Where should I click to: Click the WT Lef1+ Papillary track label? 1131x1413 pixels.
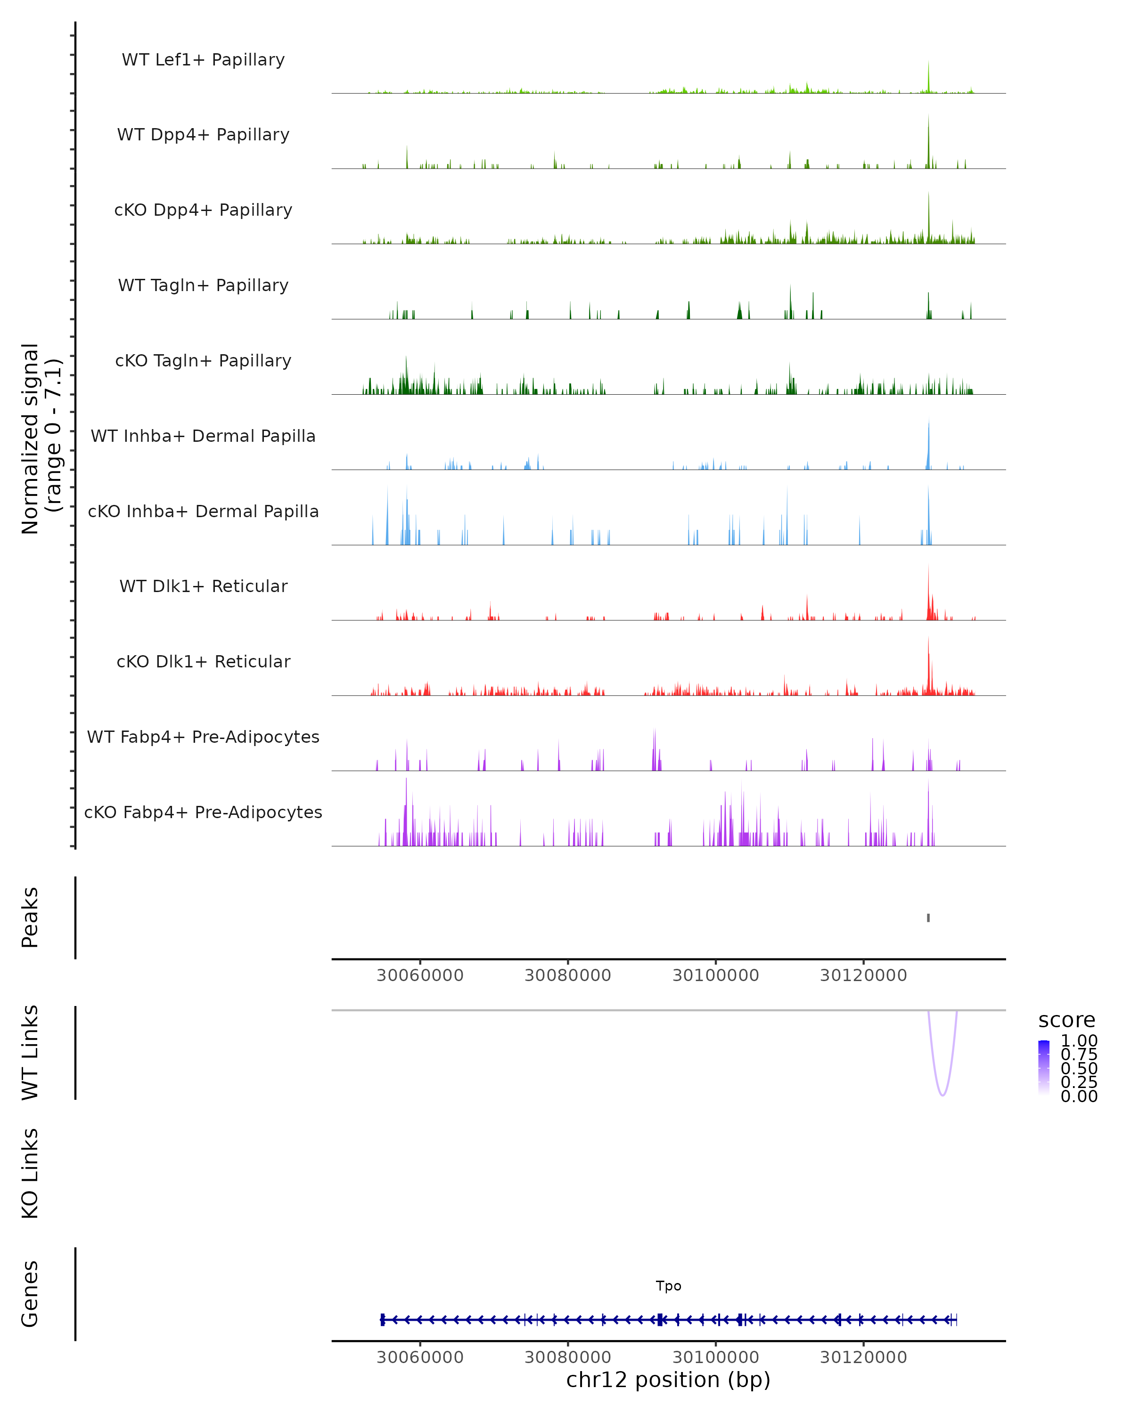pyautogui.click(x=203, y=60)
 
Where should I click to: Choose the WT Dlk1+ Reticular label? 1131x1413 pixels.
pyautogui.click(x=203, y=586)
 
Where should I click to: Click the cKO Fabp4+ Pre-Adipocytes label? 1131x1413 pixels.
pyautogui.click(x=203, y=812)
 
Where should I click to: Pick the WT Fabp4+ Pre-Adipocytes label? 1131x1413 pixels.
pyautogui.click(x=203, y=737)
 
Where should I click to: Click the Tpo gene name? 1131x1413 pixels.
pyautogui.click(x=668, y=1286)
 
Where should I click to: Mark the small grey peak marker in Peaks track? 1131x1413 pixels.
pyautogui.click(x=928, y=918)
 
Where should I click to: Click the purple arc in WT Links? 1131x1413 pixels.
pyautogui.click(x=942, y=1095)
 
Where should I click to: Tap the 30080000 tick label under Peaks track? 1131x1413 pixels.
pyautogui.click(x=568, y=975)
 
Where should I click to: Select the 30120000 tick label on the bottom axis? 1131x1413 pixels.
pyautogui.click(x=863, y=1357)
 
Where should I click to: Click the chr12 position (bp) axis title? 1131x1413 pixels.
pyautogui.click(x=668, y=1380)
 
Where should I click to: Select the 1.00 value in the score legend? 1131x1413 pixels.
pyautogui.click(x=1079, y=1041)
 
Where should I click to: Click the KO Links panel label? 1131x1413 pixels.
pyautogui.click(x=30, y=1173)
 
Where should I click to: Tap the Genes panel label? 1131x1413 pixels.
pyautogui.click(x=30, y=1294)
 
